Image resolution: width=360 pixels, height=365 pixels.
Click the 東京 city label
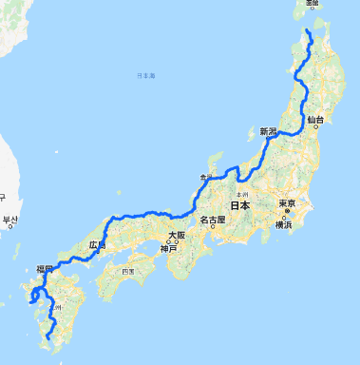pos(288,204)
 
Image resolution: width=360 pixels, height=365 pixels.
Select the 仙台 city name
pos(315,120)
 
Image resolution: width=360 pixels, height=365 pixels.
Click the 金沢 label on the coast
pos(207,177)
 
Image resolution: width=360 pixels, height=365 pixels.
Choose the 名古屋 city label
pos(214,221)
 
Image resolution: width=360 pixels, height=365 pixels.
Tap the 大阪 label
pos(176,235)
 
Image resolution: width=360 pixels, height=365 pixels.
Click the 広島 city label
pos(97,244)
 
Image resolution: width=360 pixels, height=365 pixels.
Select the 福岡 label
pos(45,270)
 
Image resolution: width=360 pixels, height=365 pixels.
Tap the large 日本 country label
pos(239,205)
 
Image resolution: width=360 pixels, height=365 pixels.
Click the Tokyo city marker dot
pos(281,211)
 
